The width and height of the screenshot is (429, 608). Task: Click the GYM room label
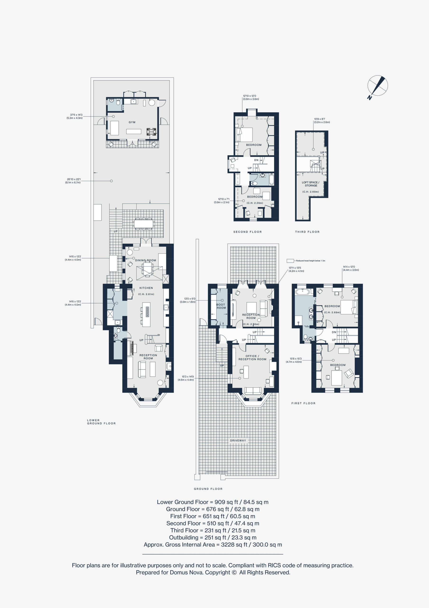point(132,122)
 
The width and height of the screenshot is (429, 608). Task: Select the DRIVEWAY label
point(238,441)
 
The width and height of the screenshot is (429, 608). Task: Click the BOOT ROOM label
point(221,306)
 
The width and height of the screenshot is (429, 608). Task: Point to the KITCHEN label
point(146,288)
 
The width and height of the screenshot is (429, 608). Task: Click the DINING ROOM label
point(145,260)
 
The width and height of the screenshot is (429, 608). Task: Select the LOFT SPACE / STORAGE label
point(310,184)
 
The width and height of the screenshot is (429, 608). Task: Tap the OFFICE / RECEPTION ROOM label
point(252,357)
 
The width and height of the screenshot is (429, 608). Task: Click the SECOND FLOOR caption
point(247,232)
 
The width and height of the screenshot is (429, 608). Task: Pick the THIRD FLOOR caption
point(307,232)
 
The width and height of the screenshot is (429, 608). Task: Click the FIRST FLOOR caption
point(303,403)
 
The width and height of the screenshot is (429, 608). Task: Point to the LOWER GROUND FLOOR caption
point(101,422)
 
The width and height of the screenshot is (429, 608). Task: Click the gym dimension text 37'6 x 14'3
point(76,115)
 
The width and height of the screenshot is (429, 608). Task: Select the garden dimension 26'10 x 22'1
point(74,179)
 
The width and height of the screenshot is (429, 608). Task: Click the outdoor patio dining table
point(144,224)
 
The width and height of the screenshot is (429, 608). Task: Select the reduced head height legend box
point(290,261)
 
